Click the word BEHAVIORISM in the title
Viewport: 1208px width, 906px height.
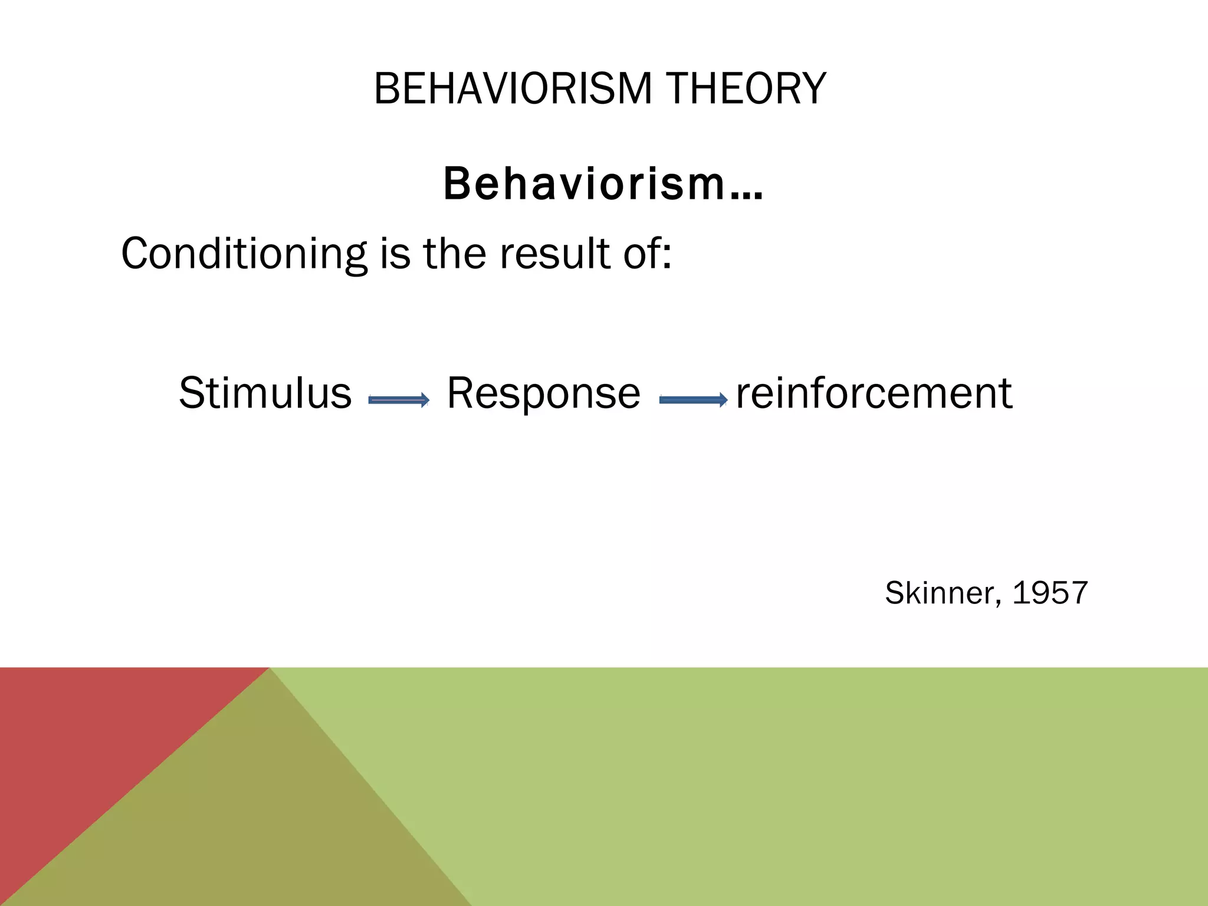pos(513,89)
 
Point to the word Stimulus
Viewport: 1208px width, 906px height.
pos(265,393)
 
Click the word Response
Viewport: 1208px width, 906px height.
pos(543,393)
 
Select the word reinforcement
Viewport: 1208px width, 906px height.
pos(874,393)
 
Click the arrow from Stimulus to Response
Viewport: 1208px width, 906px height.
pos(399,401)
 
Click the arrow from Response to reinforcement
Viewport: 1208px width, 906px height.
pos(693,401)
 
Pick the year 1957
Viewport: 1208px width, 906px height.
pos(1050,593)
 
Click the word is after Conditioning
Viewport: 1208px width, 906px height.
pos(395,254)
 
